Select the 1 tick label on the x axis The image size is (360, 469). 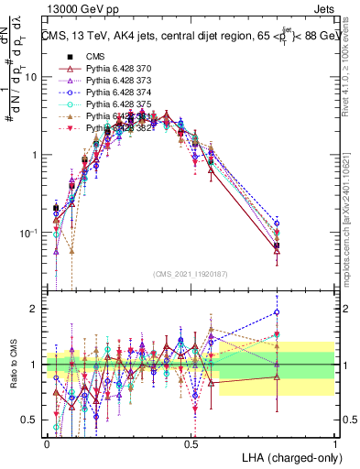pos(335,442)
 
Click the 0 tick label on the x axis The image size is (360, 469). pos(48,442)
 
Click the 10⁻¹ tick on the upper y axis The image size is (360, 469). pos(29,233)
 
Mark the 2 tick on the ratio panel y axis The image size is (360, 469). pos(37,309)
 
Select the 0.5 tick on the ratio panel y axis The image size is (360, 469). pos(32,420)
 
